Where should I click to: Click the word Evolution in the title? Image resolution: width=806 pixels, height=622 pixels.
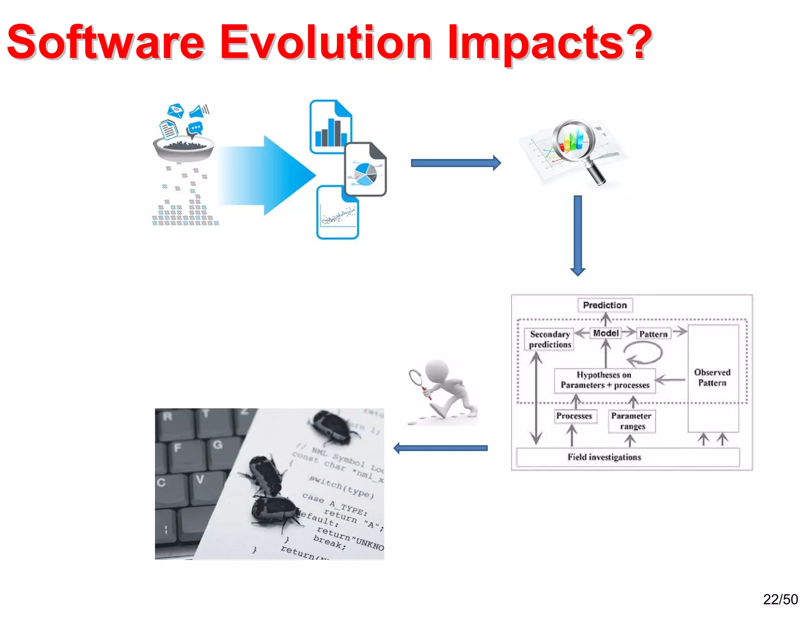(326, 42)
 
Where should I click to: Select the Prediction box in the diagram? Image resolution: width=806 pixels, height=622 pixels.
(605, 305)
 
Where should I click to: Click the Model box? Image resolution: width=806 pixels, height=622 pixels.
(606, 333)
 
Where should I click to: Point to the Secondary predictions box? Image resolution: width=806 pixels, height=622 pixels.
(550, 339)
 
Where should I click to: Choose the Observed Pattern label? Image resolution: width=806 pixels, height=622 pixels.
(712, 377)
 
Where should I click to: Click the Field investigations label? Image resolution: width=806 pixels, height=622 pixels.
(604, 457)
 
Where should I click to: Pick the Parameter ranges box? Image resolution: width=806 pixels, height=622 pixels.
(631, 421)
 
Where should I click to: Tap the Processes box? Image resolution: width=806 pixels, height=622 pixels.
(574, 416)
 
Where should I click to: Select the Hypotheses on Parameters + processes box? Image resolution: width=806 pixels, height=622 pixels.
(605, 380)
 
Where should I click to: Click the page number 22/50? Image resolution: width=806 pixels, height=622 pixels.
(780, 599)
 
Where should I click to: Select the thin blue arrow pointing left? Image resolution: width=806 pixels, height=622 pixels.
(441, 448)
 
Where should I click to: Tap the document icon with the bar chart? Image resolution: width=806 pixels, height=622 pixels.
(331, 127)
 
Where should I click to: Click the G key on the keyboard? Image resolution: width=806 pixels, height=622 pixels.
(217, 445)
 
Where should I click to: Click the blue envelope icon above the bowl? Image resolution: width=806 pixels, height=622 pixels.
(176, 110)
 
